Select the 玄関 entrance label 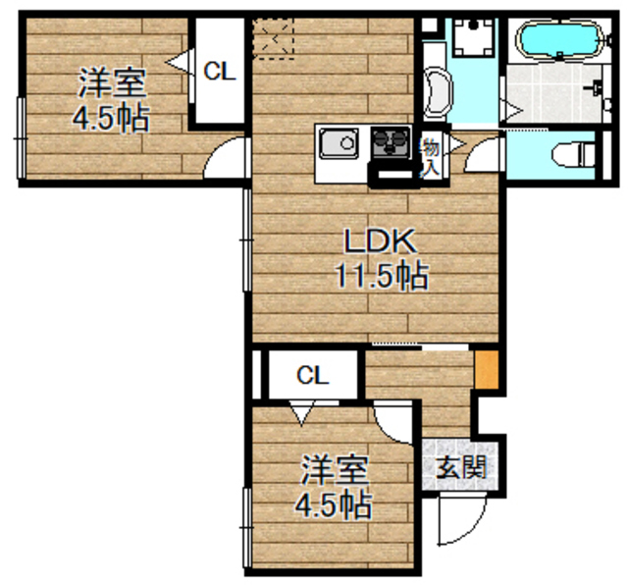point(460,465)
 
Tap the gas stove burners point(392,142)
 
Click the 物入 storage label point(430,157)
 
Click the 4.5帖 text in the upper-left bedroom point(110,118)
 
